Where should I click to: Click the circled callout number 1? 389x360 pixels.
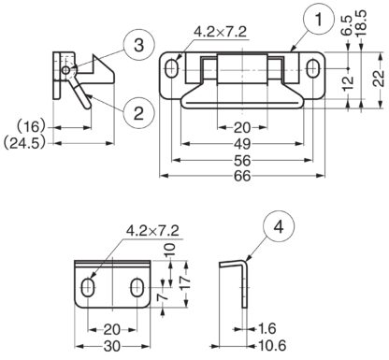coord(318,20)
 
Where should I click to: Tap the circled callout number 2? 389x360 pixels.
coord(138,112)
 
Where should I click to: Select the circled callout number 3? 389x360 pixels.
coord(138,45)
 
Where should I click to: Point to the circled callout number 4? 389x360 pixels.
coord(279,227)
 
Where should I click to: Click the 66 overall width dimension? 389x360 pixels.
coord(242,176)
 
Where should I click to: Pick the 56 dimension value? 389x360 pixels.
coord(242,161)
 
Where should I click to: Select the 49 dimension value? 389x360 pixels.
coord(242,144)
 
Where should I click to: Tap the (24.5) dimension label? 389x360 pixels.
coord(24,143)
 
